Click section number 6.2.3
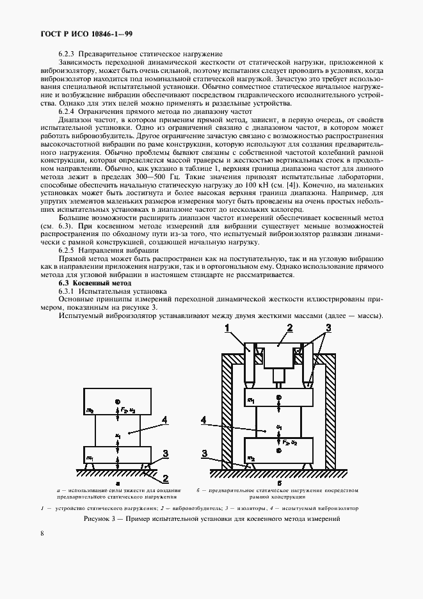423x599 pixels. (68, 54)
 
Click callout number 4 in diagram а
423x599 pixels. (164, 420)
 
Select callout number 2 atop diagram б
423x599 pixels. (289, 328)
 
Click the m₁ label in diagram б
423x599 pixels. (251, 401)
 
